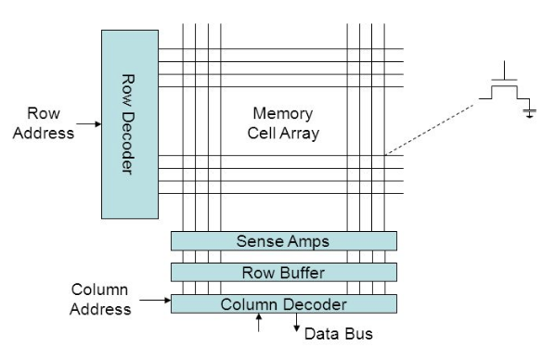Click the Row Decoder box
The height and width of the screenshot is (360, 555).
[x=130, y=124]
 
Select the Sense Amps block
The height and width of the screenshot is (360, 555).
[x=283, y=241]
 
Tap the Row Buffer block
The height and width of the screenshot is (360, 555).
[x=283, y=272]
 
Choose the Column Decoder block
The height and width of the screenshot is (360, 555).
[x=283, y=303]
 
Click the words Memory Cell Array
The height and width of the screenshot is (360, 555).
[x=283, y=123]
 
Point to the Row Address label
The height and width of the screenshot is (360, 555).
[x=44, y=123]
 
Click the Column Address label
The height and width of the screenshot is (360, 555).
[x=100, y=300]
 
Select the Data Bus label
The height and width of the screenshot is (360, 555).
[x=339, y=334]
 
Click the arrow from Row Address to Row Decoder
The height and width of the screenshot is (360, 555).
[x=89, y=124]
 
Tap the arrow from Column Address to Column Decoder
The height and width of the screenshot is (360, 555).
[x=155, y=301]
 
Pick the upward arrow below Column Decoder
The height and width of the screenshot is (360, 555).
[x=259, y=323]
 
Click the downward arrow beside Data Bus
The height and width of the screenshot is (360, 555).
[x=297, y=323]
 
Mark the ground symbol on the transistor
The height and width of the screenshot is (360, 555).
[x=530, y=111]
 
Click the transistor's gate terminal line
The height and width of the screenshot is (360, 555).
[x=504, y=71]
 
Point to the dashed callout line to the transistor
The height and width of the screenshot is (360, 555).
[x=432, y=130]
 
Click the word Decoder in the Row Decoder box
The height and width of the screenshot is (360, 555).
[x=127, y=144]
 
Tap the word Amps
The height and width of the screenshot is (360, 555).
[x=308, y=242]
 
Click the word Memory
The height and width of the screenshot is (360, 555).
[x=283, y=113]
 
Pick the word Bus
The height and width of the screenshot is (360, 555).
[x=359, y=334]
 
